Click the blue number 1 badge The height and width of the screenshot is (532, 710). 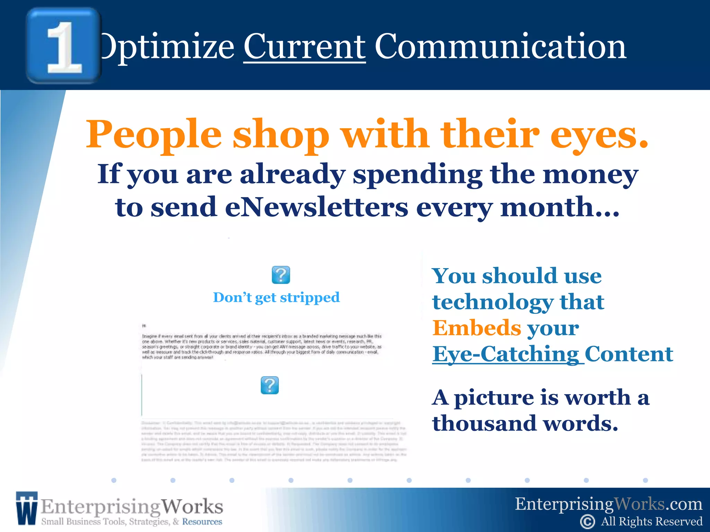coord(63,46)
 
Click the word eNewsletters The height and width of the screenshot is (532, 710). coord(317,207)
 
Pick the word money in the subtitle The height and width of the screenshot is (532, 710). coord(590,174)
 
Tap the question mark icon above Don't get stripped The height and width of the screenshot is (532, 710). coord(281,275)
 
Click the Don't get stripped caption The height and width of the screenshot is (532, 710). coord(276,298)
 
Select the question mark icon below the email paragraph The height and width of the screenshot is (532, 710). coord(270,385)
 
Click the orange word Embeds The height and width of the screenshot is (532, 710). coord(477,328)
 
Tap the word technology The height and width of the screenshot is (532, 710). coord(493,302)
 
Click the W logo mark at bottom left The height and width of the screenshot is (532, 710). coord(26,508)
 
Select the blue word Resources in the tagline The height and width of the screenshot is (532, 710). coord(202,522)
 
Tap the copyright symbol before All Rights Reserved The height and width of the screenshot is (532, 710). coord(587,522)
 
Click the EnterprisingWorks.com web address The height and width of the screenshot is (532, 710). coord(608,504)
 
